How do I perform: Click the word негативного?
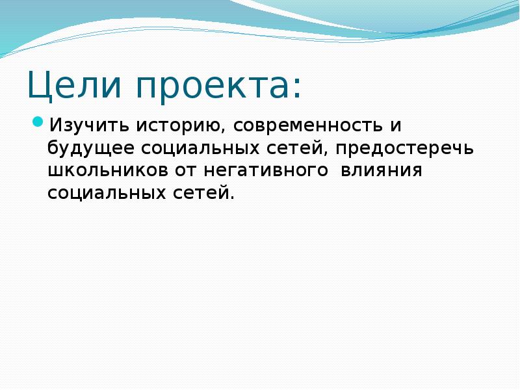coord(265,171)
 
